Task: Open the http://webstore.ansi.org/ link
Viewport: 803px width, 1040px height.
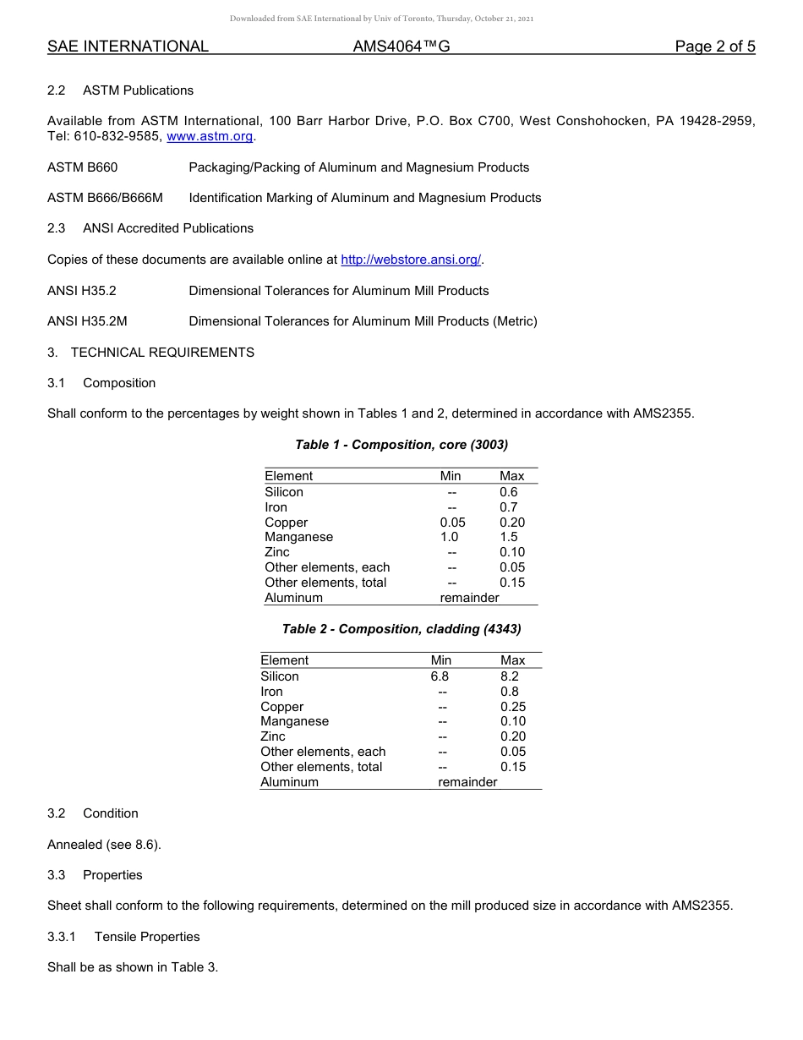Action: [x=411, y=260]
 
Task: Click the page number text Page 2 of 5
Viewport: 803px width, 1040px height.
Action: [x=714, y=47]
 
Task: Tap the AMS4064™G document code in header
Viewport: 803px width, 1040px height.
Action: [x=401, y=47]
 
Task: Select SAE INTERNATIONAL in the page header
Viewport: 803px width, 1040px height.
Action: [x=128, y=47]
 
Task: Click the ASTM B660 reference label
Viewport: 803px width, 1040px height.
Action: [x=83, y=167]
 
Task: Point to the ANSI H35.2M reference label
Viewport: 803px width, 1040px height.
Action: [x=87, y=321]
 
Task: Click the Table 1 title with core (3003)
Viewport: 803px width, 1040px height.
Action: [x=401, y=445]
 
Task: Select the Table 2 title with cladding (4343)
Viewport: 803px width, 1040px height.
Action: [x=401, y=629]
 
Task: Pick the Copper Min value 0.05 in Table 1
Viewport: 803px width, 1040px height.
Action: [x=452, y=523]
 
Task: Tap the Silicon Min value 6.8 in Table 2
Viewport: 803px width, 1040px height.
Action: [x=440, y=676]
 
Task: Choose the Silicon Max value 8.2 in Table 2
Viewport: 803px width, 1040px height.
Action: [x=509, y=676]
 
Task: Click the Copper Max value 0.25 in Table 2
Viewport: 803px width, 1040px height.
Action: [x=512, y=707]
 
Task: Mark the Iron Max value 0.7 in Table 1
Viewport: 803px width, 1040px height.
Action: [x=508, y=507]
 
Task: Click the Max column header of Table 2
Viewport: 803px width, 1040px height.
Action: [x=512, y=660]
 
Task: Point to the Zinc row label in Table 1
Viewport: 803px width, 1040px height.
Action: [x=277, y=552]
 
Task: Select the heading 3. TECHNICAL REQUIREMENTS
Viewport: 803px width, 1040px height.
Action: [x=150, y=353]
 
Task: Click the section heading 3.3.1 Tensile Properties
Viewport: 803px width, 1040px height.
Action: [x=123, y=937]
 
